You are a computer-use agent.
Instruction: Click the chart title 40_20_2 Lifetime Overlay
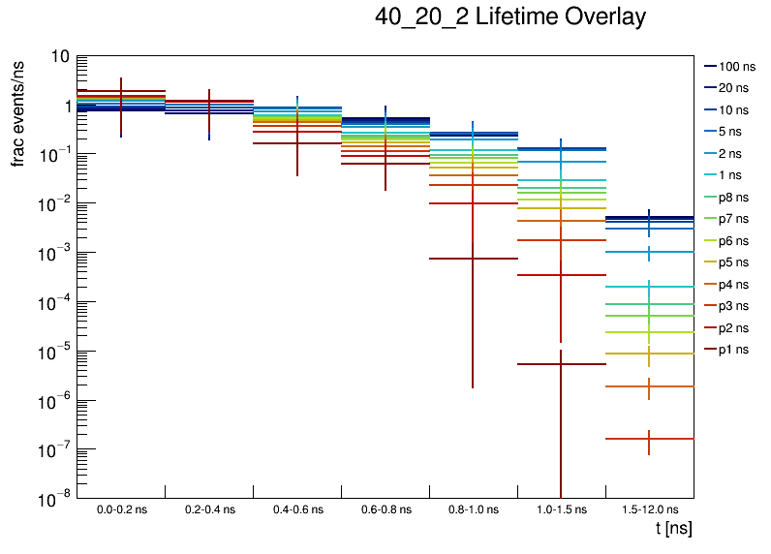pyautogui.click(x=509, y=17)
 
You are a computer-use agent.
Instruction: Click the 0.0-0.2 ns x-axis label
pyautogui.click(x=121, y=508)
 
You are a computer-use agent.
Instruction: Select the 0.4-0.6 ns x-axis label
pyautogui.click(x=296, y=508)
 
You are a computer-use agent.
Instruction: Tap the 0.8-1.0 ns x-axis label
pyautogui.click(x=473, y=508)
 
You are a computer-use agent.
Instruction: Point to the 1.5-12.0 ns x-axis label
pyautogui.click(x=649, y=508)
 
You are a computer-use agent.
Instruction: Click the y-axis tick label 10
pyautogui.click(x=58, y=57)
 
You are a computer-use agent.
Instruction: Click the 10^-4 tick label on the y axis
pyautogui.click(x=54, y=303)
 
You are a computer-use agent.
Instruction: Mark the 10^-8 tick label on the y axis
pyautogui.click(x=54, y=500)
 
